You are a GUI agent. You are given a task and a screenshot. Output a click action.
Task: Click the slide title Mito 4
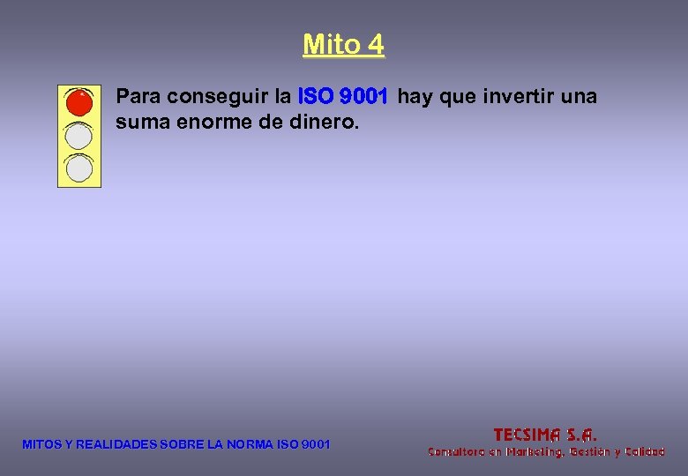(343, 43)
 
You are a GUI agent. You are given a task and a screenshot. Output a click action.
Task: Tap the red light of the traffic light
(79, 103)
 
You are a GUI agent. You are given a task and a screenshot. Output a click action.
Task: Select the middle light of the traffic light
(79, 135)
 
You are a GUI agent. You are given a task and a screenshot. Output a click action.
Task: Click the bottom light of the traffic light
(79, 167)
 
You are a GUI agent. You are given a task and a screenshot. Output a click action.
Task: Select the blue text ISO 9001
(343, 95)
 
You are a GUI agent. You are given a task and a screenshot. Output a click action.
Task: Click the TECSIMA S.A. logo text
(545, 434)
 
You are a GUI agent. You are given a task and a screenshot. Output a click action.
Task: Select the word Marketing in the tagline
(528, 451)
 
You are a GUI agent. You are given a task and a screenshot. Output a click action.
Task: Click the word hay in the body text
(413, 95)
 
